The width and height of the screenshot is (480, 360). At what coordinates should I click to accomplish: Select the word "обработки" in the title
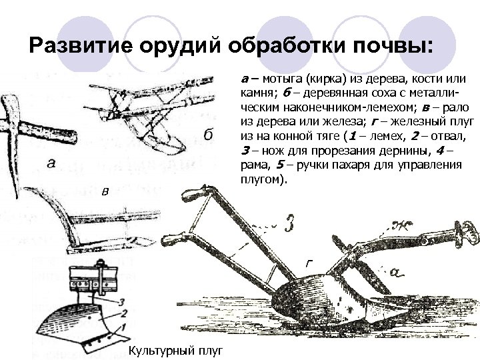[x=281, y=47]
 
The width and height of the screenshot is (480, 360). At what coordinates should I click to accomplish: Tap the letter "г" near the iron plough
[x=308, y=263]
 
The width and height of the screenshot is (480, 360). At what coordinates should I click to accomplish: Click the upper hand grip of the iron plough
[x=191, y=195]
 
